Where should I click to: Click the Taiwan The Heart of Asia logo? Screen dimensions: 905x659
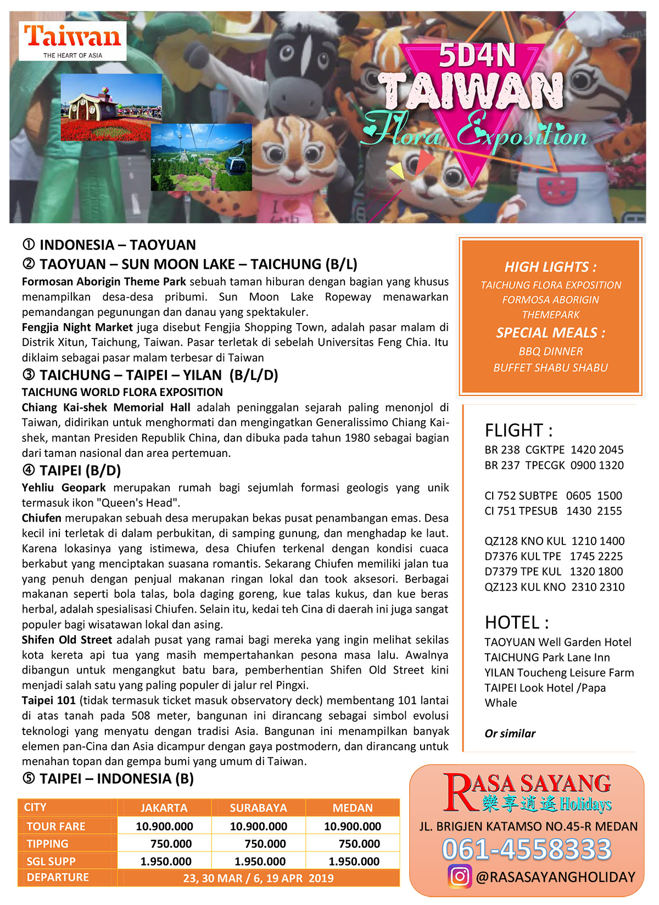(x=72, y=41)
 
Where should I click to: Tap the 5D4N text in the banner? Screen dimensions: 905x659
(x=477, y=56)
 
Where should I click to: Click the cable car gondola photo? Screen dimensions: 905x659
(x=202, y=157)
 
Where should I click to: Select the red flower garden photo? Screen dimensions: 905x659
(x=111, y=108)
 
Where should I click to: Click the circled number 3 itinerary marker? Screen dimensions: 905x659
(x=29, y=375)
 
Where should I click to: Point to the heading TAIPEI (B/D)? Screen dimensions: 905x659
(x=80, y=471)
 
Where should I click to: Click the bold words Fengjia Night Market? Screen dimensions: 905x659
(x=77, y=327)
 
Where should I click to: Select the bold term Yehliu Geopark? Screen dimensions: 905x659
(x=64, y=488)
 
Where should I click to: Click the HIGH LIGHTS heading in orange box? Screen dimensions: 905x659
(x=550, y=267)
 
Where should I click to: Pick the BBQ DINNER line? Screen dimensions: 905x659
(x=550, y=352)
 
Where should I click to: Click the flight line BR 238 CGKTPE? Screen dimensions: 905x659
(x=554, y=450)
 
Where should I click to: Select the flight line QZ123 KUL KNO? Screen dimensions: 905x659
(x=554, y=587)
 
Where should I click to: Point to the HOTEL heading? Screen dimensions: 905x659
(x=516, y=623)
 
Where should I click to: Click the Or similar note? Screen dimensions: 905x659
(x=510, y=733)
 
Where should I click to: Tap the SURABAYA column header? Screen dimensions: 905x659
(x=258, y=808)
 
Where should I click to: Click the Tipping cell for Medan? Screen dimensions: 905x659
(x=359, y=844)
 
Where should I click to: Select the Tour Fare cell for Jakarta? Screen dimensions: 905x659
(x=164, y=826)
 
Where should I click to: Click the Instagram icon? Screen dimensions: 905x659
(x=460, y=876)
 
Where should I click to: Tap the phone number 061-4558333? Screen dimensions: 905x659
(x=526, y=849)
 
